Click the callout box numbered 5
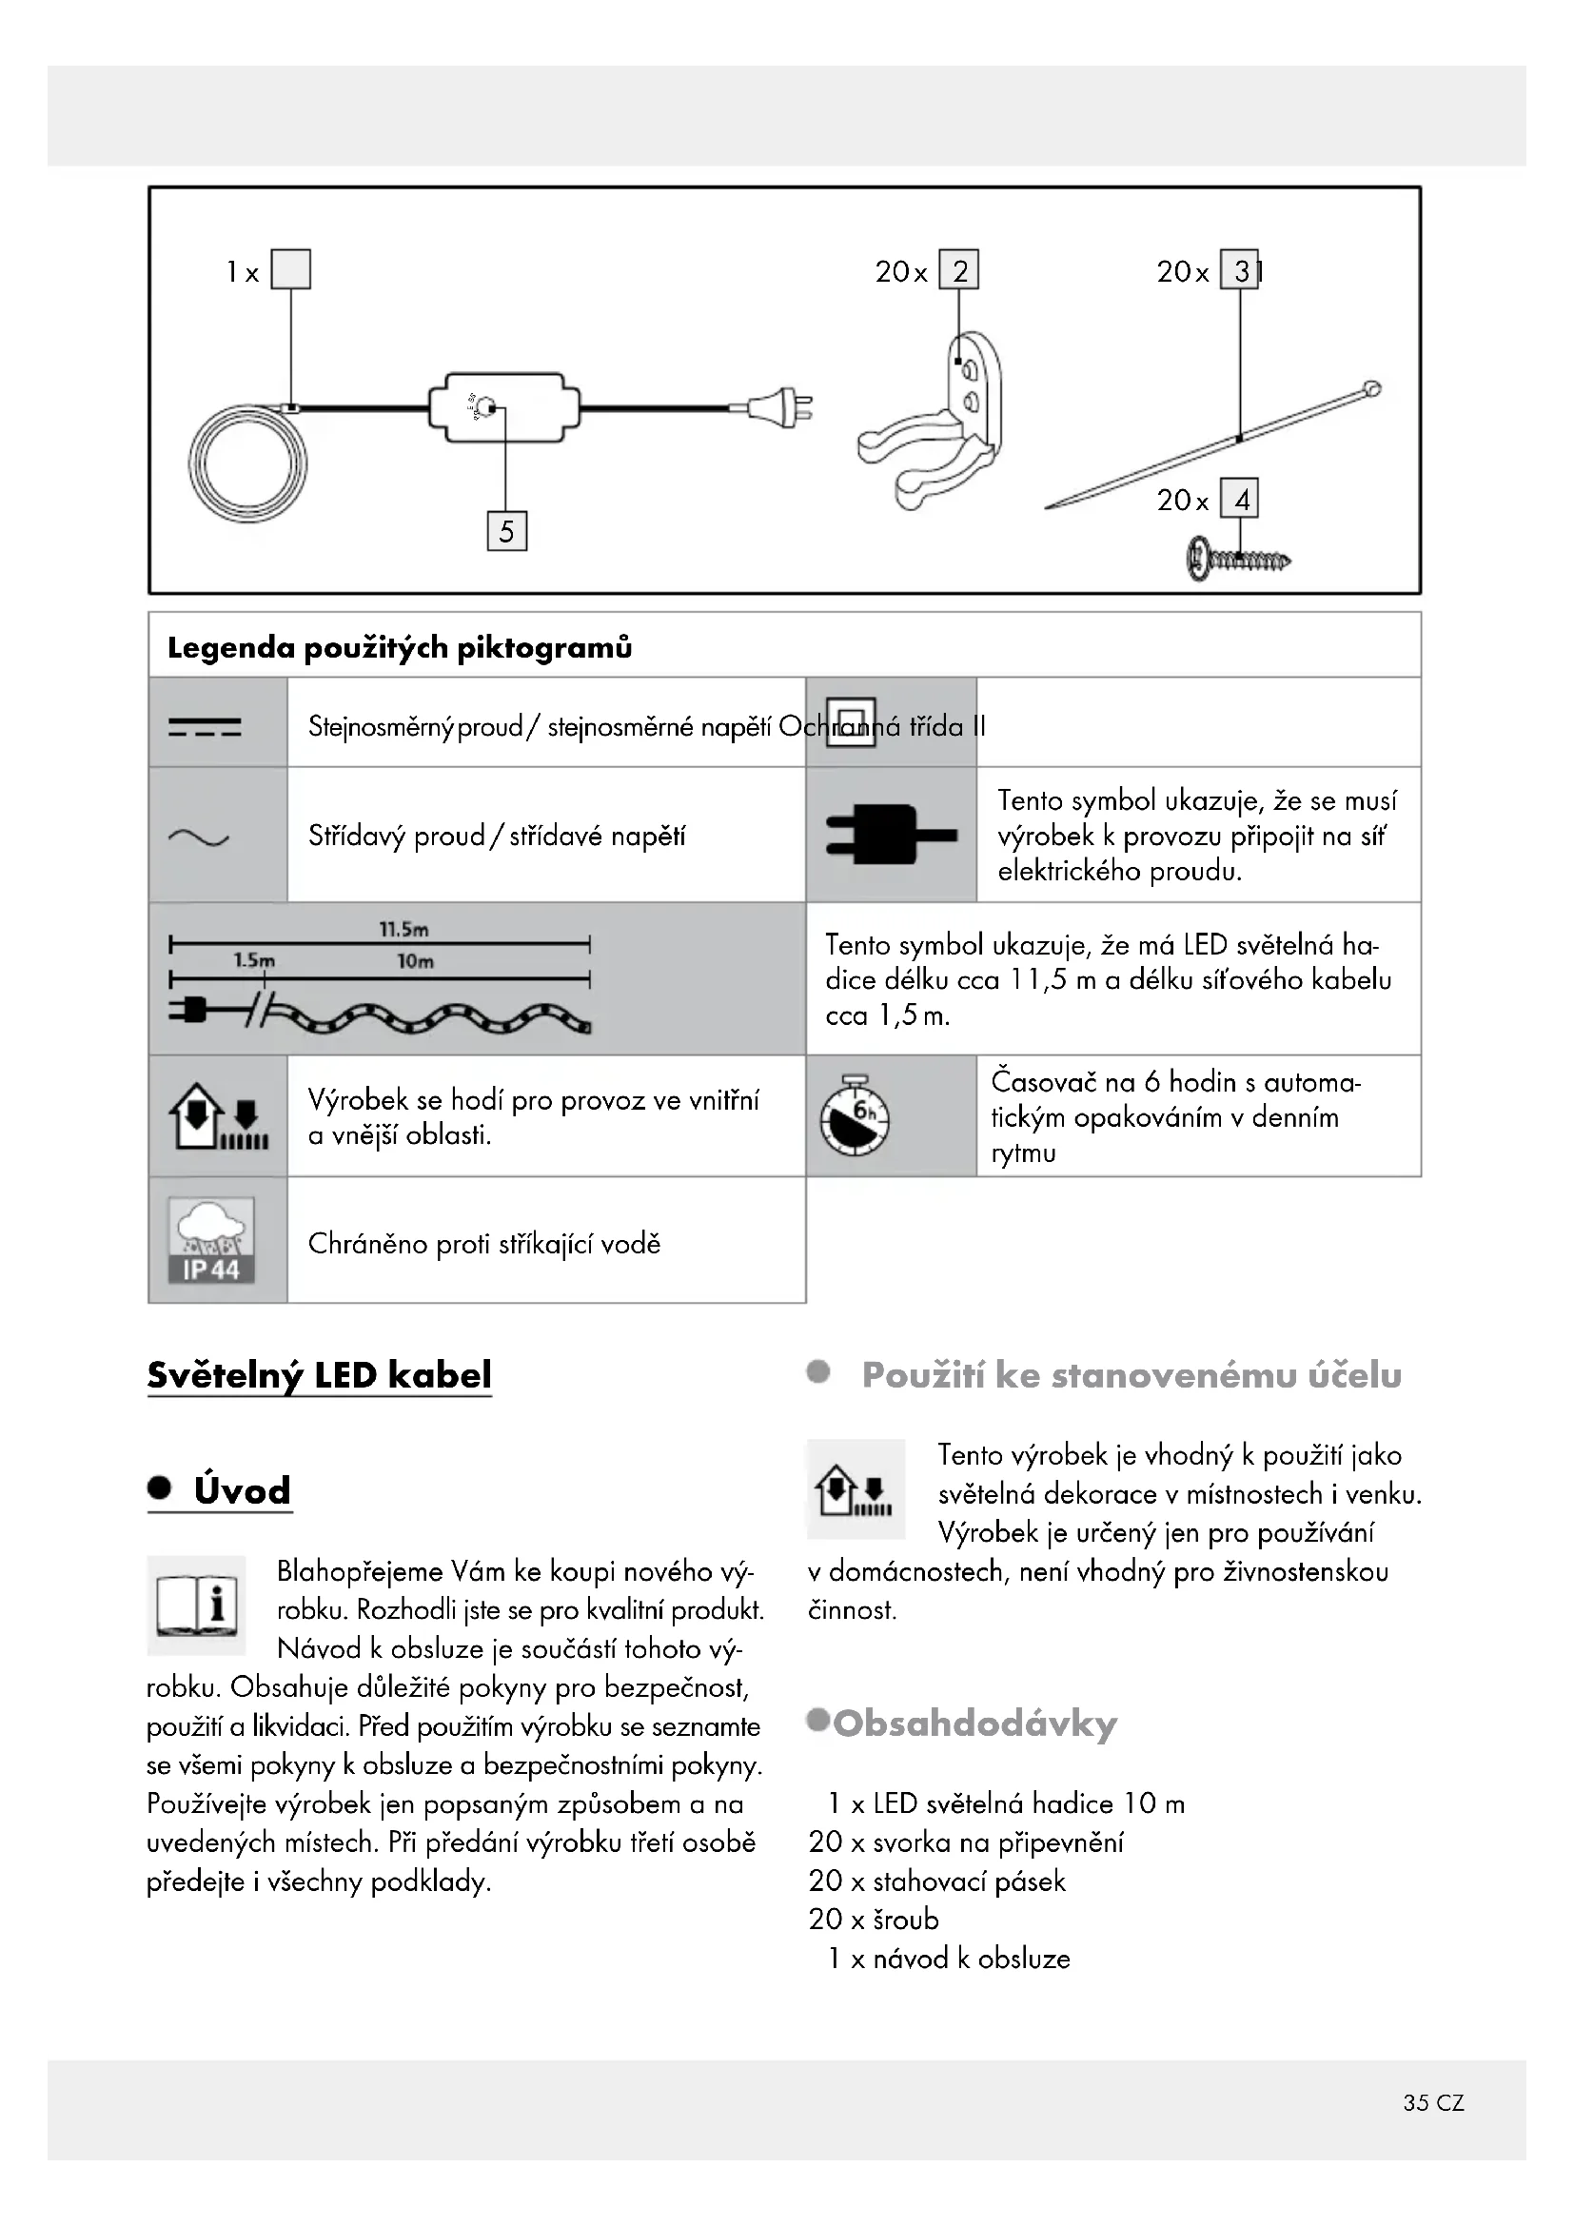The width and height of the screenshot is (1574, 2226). (x=506, y=531)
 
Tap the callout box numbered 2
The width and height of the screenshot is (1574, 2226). (x=958, y=270)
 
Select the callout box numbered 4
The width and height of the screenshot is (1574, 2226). (x=1240, y=500)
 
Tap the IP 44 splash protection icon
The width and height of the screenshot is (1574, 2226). (x=211, y=1240)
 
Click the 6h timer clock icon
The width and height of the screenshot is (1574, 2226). (x=855, y=1116)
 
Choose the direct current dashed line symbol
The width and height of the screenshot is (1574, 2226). (x=205, y=726)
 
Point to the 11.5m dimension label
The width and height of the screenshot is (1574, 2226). (x=403, y=929)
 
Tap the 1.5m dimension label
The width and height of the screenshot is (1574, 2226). (x=254, y=960)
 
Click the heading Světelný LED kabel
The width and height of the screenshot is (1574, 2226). (x=319, y=1375)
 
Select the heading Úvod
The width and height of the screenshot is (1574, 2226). (x=242, y=1490)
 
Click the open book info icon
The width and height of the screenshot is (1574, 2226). (x=197, y=1605)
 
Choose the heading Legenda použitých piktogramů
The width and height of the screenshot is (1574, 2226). (x=400, y=646)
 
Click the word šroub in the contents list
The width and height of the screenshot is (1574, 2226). (x=905, y=1919)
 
